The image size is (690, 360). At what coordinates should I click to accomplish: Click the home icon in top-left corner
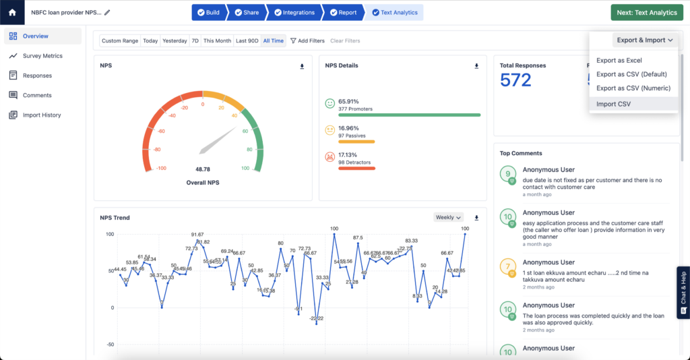tap(12, 12)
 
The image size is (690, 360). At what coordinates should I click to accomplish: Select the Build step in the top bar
tap(208, 12)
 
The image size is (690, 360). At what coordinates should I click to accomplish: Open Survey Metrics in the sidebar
tap(42, 56)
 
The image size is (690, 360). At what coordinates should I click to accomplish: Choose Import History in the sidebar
tap(42, 115)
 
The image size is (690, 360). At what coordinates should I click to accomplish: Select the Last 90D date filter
tap(247, 41)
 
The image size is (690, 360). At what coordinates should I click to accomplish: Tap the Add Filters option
tap(307, 41)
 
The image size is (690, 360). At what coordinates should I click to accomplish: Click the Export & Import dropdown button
tap(645, 40)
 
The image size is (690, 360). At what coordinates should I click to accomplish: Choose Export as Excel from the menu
tap(619, 61)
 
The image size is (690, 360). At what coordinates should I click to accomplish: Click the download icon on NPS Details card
tap(476, 66)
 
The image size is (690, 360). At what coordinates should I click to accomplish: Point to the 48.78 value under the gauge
tap(203, 170)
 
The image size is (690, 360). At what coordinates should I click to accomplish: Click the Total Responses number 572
tap(515, 80)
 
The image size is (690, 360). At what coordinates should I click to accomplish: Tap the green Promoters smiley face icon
tap(330, 104)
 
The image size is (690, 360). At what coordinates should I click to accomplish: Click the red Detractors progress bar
tap(356, 168)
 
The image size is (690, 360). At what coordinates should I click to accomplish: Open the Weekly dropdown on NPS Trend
tap(449, 218)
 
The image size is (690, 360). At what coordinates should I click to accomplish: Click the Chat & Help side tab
tap(683, 293)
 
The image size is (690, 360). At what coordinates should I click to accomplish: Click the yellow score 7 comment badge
tap(509, 267)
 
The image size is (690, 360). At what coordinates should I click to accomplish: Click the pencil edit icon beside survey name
tap(107, 13)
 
